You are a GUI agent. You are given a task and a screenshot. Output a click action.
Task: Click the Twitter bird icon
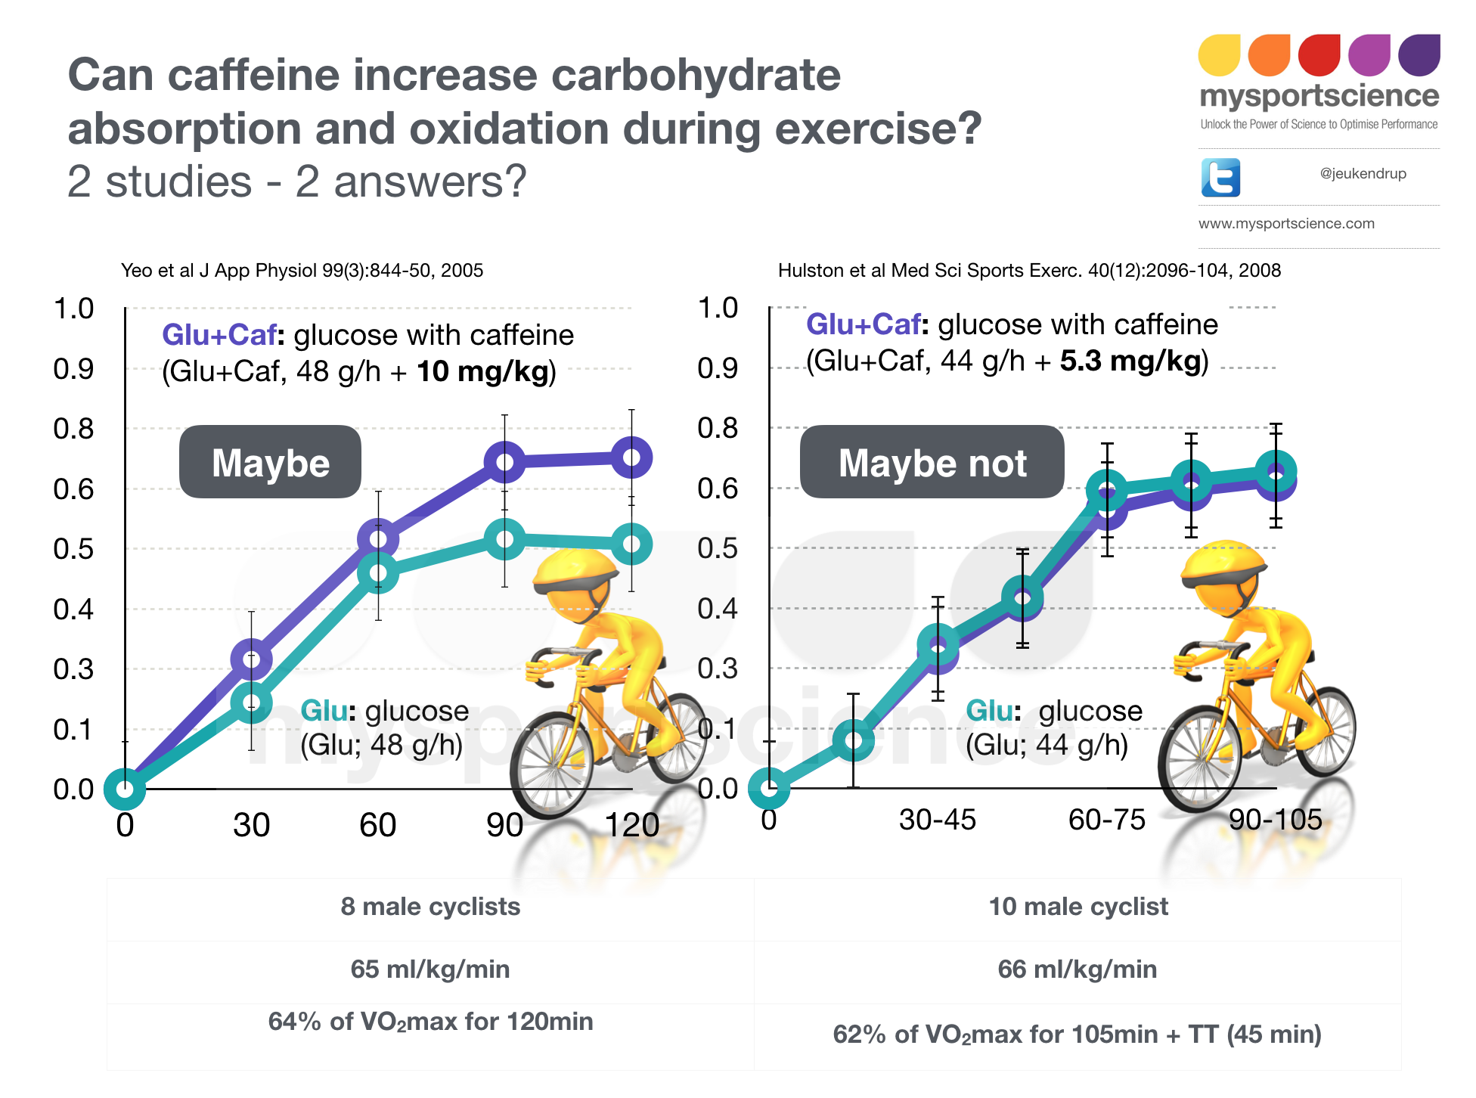click(x=1220, y=178)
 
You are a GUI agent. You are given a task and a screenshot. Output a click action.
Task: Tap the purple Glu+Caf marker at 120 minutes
click(x=631, y=457)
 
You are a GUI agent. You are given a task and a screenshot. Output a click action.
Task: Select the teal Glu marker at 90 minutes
click(x=504, y=540)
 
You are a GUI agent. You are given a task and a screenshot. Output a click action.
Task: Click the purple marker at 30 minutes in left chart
click(x=251, y=659)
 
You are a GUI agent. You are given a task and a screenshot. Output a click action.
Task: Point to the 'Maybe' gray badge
click(x=270, y=462)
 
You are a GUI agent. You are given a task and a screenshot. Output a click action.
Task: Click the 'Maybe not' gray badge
click(x=932, y=462)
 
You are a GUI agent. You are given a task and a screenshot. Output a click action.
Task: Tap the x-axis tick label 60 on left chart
click(x=377, y=825)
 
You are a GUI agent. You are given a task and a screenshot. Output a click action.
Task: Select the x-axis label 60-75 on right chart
click(x=1106, y=820)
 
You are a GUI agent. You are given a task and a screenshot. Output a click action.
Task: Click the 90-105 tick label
click(x=1275, y=820)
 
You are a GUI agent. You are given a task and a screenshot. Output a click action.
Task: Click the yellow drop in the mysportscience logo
click(x=1219, y=55)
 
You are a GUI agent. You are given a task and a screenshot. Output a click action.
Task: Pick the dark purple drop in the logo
click(x=1419, y=55)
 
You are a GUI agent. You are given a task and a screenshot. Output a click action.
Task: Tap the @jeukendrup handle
click(x=1363, y=174)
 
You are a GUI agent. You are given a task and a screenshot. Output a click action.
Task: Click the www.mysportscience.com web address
click(x=1286, y=224)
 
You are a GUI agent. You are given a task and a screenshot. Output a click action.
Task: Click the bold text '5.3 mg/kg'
click(x=1130, y=361)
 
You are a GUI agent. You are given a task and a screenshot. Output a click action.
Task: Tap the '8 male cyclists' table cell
click(x=430, y=907)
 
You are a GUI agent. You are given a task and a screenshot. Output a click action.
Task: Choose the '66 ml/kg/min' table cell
click(x=1077, y=969)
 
